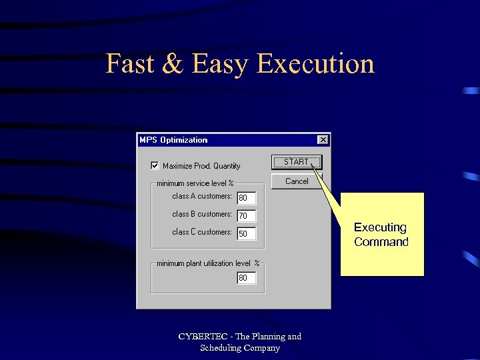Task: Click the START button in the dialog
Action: pyautogui.click(x=296, y=162)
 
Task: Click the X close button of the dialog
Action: pyautogui.click(x=323, y=139)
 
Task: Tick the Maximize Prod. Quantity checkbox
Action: pyautogui.click(x=155, y=165)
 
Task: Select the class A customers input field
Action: pyautogui.click(x=247, y=198)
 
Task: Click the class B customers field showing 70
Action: pyautogui.click(x=247, y=216)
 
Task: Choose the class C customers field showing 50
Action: pyautogui.click(x=247, y=234)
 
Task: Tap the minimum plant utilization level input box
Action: pyautogui.click(x=247, y=278)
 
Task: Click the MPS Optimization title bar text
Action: pyautogui.click(x=173, y=140)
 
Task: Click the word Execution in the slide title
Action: pyautogui.click(x=315, y=64)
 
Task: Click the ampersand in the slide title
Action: pyautogui.click(x=172, y=64)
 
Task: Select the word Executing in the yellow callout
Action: pyautogui.click(x=380, y=227)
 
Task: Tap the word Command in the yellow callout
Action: pyautogui.click(x=381, y=242)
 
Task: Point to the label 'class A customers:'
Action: pyautogui.click(x=202, y=196)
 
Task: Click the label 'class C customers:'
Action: pyautogui.click(x=202, y=232)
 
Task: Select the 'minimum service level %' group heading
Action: pyautogui.click(x=195, y=183)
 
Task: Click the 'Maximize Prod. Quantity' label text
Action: pyautogui.click(x=201, y=166)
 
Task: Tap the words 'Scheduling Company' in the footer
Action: pyautogui.click(x=240, y=348)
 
